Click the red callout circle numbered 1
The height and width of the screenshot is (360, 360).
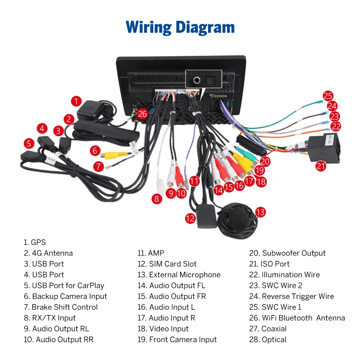pyautogui.click(x=76, y=102)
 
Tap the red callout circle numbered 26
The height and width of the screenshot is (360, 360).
pyautogui.click(x=142, y=114)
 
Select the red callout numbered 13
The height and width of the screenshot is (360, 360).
pyautogui.click(x=260, y=212)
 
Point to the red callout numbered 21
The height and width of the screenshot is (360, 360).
pyautogui.click(x=321, y=166)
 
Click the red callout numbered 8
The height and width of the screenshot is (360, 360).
pyautogui.click(x=157, y=199)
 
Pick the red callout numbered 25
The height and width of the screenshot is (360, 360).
pyautogui.click(x=328, y=96)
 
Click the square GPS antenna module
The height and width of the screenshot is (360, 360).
pyautogui.click(x=90, y=110)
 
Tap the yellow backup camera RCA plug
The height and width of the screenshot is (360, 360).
pyautogui.click(x=114, y=154)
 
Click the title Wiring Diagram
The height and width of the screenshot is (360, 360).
pyautogui.click(x=180, y=27)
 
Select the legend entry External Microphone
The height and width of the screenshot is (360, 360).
pyautogui.click(x=179, y=275)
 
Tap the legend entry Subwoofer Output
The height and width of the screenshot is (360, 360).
pyautogui.click(x=287, y=253)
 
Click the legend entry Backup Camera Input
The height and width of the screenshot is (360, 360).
pyautogui.click(x=65, y=296)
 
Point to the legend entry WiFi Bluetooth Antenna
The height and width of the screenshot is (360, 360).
pyautogui.click(x=297, y=318)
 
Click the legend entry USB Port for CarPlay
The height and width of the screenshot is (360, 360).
pyautogui.click(x=64, y=285)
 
